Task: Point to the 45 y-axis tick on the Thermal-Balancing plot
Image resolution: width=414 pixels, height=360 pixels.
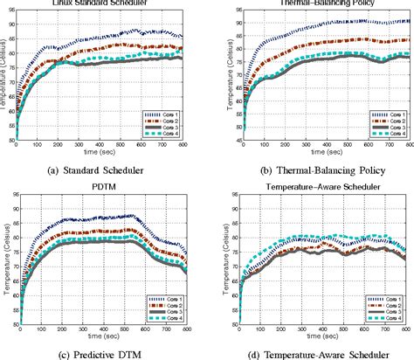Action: click(224, 140)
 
